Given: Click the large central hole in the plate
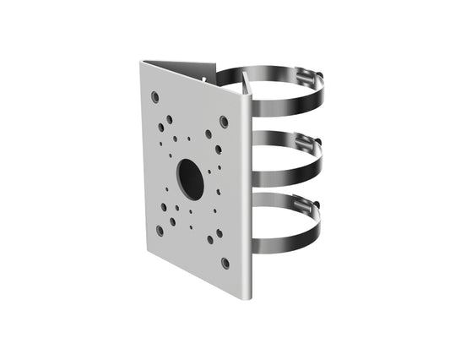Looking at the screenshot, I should coord(191,178).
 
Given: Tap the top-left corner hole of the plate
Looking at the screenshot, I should coord(155,96).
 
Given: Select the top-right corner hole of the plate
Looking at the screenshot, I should coord(224,121).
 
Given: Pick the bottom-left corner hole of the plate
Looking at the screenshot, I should coord(159,229).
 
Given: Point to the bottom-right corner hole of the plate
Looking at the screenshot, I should coord(224,264).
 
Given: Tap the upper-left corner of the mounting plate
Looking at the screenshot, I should coord(142,62).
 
